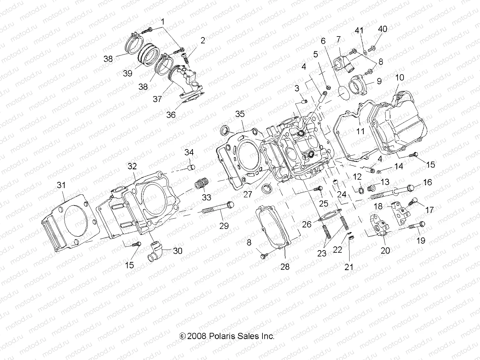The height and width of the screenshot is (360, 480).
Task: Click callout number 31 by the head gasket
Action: pos(61,185)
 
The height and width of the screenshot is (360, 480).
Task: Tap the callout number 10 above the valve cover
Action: pos(399,78)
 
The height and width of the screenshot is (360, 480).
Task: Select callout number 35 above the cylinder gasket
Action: pos(240,114)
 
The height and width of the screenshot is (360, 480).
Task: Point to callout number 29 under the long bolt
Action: pos(224,226)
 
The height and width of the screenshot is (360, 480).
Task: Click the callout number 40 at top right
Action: pos(383,29)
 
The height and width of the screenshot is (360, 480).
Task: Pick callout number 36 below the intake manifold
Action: pos(171,114)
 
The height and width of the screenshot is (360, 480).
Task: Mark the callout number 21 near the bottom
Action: pos(349,267)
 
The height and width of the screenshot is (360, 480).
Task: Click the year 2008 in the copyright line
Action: pos(197,336)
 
